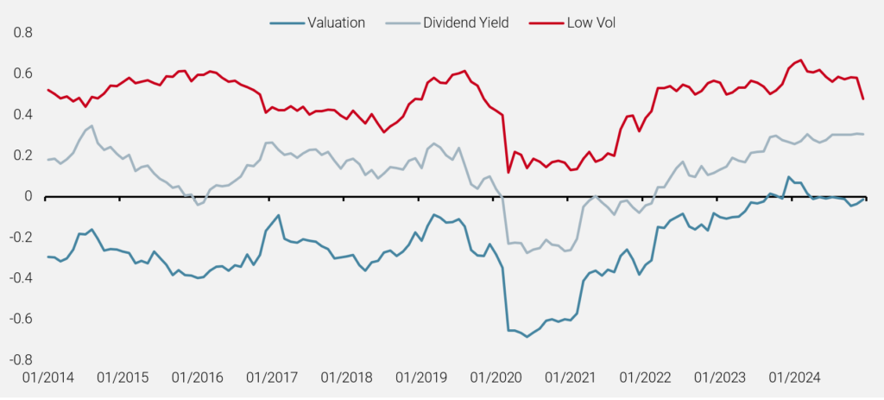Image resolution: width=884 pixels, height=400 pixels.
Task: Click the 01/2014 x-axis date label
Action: (x=47, y=378)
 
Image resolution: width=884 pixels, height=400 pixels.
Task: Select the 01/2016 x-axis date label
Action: (x=197, y=378)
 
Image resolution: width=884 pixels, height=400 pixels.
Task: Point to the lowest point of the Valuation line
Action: (x=527, y=336)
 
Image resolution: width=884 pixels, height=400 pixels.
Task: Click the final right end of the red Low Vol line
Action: (x=863, y=98)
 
